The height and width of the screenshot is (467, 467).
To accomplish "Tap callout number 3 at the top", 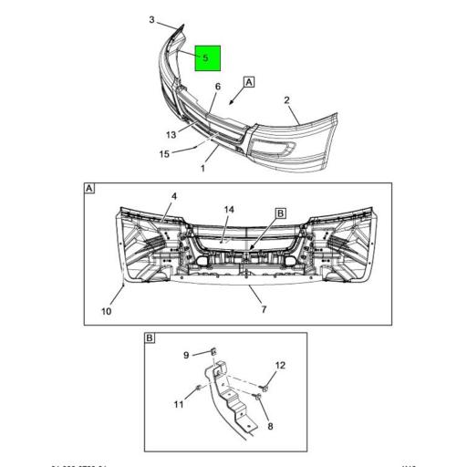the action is [151, 18].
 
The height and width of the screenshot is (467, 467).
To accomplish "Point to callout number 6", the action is [217, 88].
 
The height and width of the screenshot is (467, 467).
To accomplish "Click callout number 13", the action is [171, 135].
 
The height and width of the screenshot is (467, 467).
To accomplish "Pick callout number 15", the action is [164, 154].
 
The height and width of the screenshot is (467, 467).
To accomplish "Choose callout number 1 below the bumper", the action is [202, 168].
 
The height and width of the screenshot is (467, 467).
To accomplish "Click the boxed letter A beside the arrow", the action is [249, 81].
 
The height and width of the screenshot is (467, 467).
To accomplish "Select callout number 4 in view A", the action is [174, 196].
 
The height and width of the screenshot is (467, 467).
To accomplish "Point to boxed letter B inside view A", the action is [281, 213].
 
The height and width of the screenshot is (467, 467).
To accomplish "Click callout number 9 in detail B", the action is [186, 355].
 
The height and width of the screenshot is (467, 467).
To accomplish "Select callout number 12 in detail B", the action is [280, 366].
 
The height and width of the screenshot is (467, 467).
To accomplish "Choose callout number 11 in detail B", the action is [180, 403].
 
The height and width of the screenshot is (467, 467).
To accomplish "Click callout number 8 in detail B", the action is [269, 424].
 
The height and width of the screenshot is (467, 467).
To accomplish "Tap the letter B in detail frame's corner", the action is [150, 338].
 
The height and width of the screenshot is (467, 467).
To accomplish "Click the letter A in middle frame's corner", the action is [89, 189].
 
